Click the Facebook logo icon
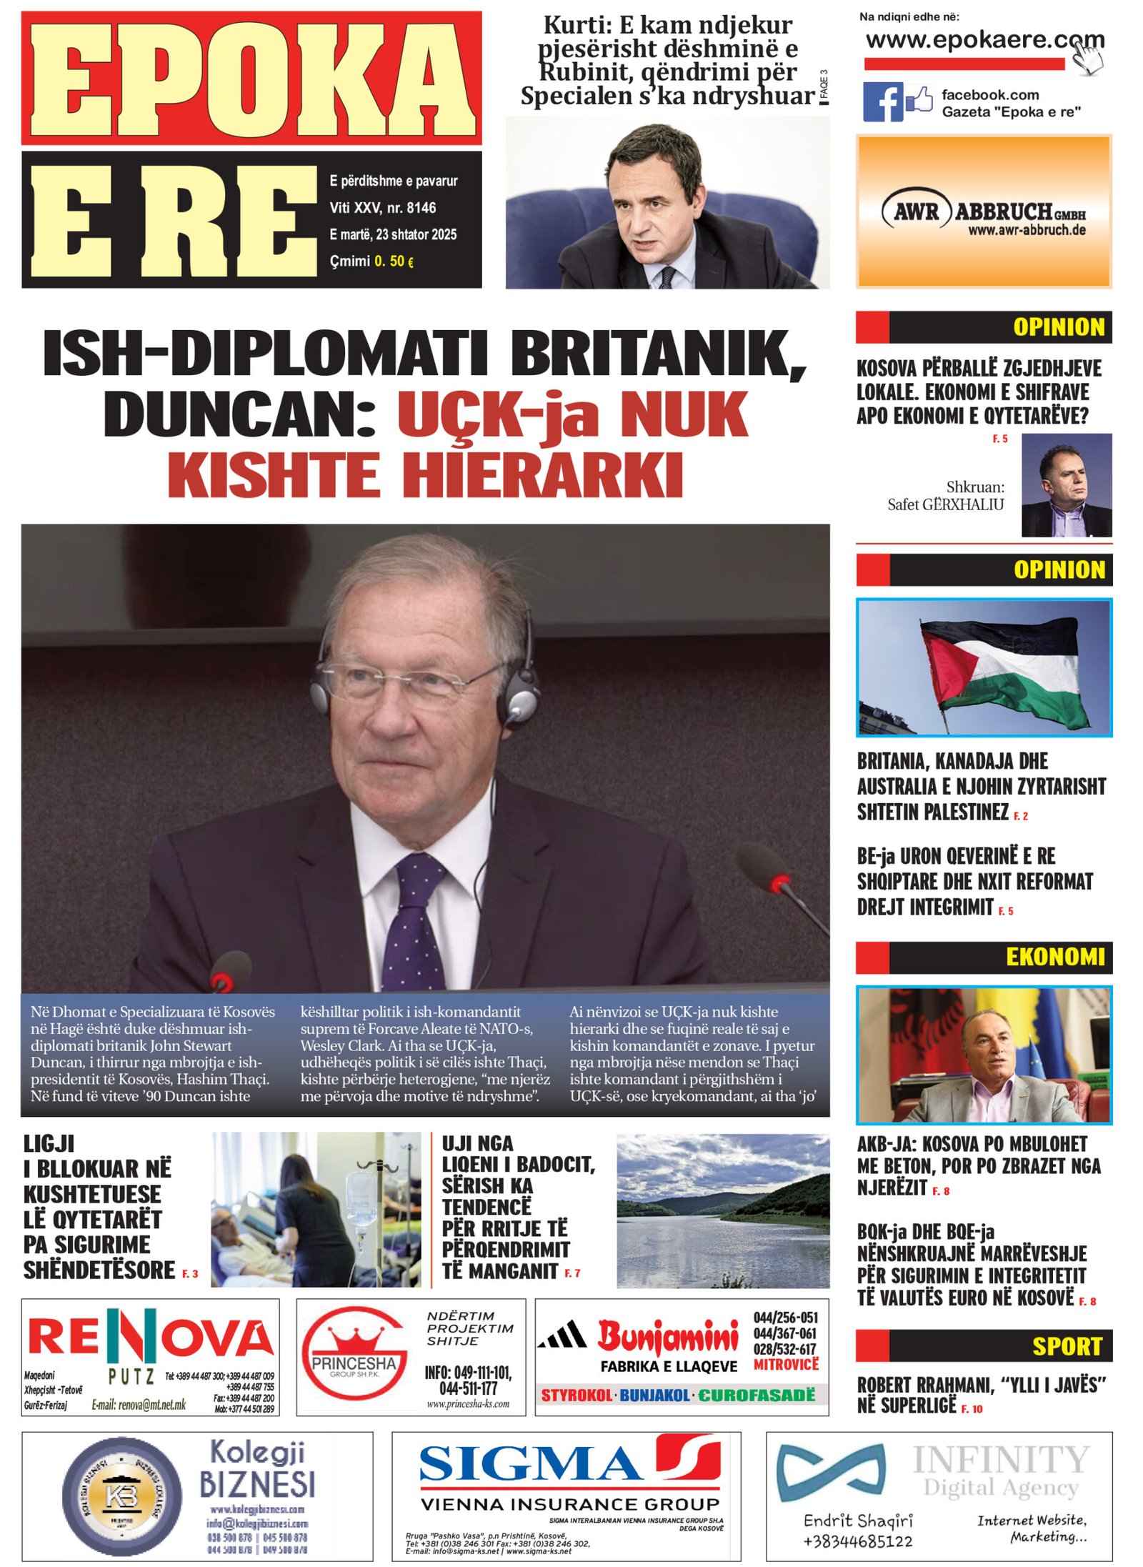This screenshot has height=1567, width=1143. pos(882,102)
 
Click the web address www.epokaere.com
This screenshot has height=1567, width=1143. pos(984,40)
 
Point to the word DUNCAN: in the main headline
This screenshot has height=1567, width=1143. pos(241,414)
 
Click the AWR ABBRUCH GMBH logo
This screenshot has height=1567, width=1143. pos(983,212)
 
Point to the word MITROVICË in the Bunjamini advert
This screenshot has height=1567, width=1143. pos(786,1365)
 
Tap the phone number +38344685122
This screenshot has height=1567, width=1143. pos(857,1541)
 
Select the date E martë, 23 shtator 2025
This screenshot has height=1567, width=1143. pos(393,234)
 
